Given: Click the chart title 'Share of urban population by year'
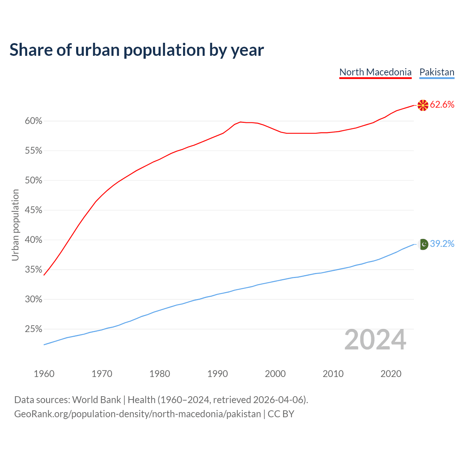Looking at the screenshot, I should (137, 50).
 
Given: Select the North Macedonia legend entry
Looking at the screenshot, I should (375, 72).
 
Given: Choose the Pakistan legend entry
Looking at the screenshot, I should (436, 72).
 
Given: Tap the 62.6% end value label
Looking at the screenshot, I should (442, 105).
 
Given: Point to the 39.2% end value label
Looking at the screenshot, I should (442, 244).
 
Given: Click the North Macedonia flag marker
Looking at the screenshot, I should (423, 105).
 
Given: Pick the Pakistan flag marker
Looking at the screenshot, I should (423, 244).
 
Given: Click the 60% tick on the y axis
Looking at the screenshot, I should (34, 121).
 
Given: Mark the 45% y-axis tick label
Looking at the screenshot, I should (34, 210).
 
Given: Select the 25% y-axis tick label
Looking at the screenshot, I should (34, 329).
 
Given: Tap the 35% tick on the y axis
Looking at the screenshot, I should (34, 270).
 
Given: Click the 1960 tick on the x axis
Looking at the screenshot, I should (44, 374).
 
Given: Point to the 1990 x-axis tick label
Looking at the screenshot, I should (217, 374).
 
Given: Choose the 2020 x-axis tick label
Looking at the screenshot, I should (391, 374).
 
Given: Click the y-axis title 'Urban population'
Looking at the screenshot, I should (15, 225).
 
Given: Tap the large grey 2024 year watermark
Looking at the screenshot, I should (375, 340).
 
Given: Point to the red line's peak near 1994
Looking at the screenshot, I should (240, 122).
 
